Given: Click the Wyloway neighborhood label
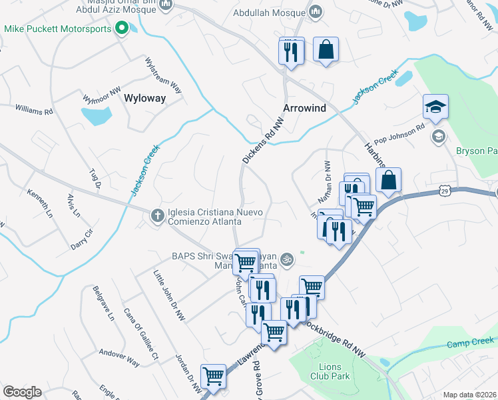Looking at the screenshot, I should [145, 98].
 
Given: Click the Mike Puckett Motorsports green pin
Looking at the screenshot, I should [121, 28].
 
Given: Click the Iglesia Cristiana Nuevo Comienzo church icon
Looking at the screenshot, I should [157, 215].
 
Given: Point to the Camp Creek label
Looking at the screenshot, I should [463, 344].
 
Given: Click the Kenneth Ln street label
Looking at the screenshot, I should [39, 201].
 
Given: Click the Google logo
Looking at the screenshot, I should [22, 391].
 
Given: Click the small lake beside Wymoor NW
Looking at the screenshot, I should [97, 117].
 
